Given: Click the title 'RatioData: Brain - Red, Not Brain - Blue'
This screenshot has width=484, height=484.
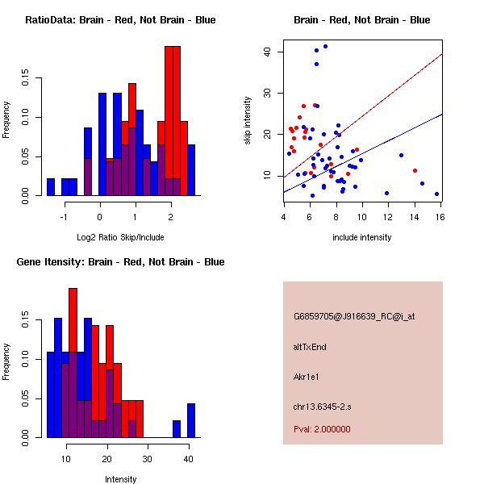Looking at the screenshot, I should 120,20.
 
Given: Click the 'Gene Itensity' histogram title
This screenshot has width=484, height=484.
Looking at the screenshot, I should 120,262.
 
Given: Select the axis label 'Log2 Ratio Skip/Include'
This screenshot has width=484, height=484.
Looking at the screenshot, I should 120,237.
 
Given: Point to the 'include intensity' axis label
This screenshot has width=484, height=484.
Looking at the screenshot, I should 362,237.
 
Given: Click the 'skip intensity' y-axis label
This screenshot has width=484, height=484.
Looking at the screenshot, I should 248,121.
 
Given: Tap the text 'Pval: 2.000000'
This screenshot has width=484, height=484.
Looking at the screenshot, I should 322,429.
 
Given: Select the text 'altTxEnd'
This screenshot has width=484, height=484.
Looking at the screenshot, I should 310,347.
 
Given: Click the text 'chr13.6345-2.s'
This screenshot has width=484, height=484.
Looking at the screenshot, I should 321,406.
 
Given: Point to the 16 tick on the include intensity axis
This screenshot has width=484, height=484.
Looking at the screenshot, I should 440,216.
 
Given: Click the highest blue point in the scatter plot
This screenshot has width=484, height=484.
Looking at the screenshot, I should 325,47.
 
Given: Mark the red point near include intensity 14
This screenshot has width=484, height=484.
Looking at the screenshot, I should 415,170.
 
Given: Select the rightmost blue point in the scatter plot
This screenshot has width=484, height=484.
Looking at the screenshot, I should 436,194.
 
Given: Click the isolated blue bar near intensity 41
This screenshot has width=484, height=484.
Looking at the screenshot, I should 191,420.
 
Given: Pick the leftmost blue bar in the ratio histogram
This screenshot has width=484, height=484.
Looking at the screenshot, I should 51,187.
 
